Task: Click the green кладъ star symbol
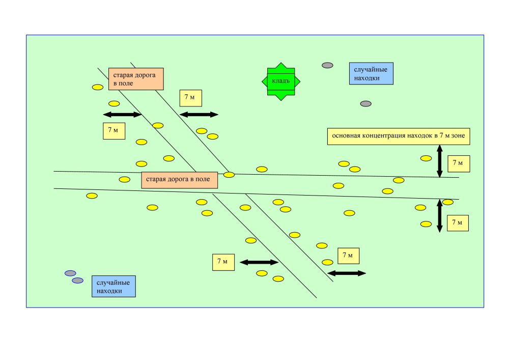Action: [281, 81]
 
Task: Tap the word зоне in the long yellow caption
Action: [463, 136]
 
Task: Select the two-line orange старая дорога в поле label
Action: [136, 78]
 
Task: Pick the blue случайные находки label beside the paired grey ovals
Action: [114, 286]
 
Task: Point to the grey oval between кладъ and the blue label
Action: [328, 65]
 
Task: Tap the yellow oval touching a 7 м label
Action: [448, 202]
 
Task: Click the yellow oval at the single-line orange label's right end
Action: [229, 175]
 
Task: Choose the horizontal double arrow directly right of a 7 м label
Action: [259, 262]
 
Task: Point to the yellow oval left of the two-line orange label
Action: [98, 87]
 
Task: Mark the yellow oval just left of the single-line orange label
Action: [124, 179]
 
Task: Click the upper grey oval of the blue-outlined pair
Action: [70, 273]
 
